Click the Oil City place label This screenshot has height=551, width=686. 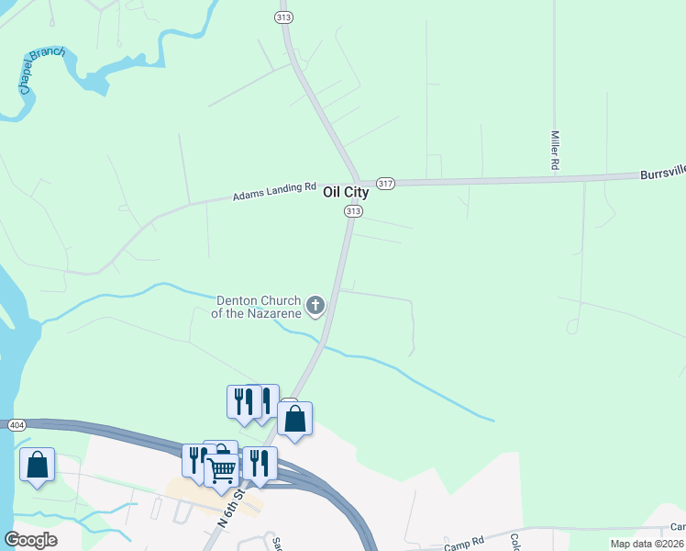[x=346, y=193]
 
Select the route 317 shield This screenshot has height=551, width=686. [x=385, y=184]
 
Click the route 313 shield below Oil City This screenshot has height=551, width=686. [x=353, y=211]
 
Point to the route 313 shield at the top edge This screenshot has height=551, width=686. [x=284, y=17]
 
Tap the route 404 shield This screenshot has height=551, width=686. [x=17, y=425]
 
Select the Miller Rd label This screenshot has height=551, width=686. [x=555, y=150]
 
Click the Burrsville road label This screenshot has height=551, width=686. [x=662, y=173]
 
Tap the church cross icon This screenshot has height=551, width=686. [x=315, y=305]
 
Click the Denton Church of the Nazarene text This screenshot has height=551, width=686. [x=259, y=306]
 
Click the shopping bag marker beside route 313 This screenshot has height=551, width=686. [x=295, y=419]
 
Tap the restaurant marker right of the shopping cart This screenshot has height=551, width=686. [x=260, y=463]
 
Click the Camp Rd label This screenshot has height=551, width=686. [x=464, y=543]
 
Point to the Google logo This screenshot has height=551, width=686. [x=30, y=540]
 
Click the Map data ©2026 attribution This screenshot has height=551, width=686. [x=646, y=544]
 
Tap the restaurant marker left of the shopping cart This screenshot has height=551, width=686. [x=194, y=459]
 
